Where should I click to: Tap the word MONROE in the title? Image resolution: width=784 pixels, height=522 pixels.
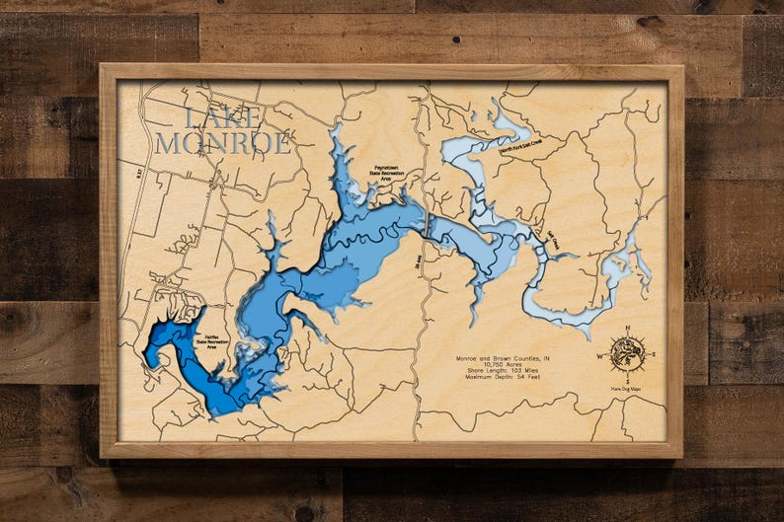[223, 143]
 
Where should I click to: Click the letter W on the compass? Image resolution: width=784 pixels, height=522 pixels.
[599, 353]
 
